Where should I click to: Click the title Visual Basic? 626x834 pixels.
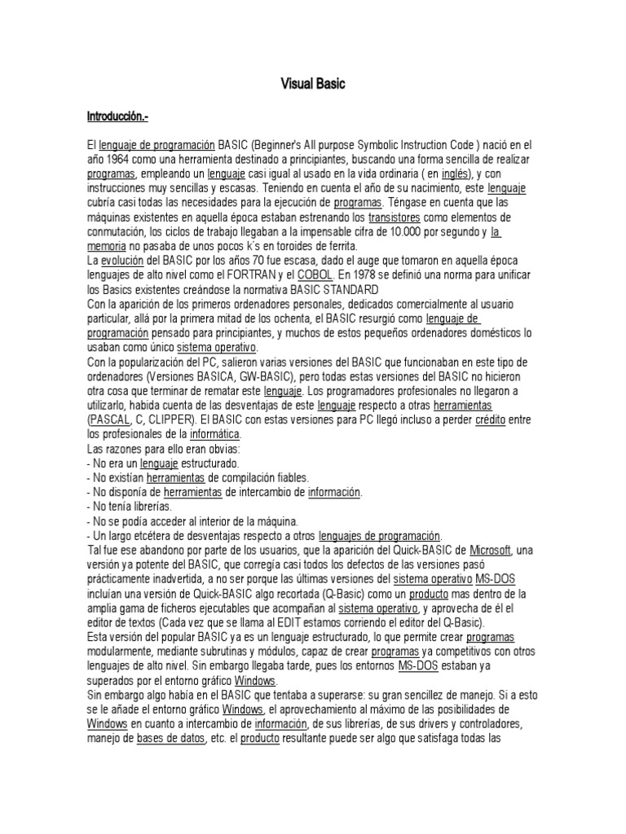click(313, 84)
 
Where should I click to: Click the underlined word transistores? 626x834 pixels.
click(395, 217)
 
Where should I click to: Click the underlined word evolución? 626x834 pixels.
click(121, 261)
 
